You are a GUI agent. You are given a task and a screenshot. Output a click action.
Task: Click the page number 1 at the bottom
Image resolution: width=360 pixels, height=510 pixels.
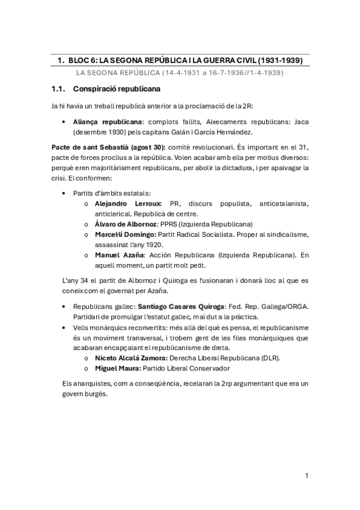coord(307,476)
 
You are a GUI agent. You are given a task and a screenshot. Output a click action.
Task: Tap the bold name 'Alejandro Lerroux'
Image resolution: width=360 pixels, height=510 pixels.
coord(128,204)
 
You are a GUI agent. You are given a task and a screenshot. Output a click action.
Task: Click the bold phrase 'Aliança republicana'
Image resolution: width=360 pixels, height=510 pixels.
coord(103,121)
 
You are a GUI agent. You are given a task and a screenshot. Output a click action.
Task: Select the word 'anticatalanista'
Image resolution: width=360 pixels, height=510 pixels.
coord(286,204)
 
